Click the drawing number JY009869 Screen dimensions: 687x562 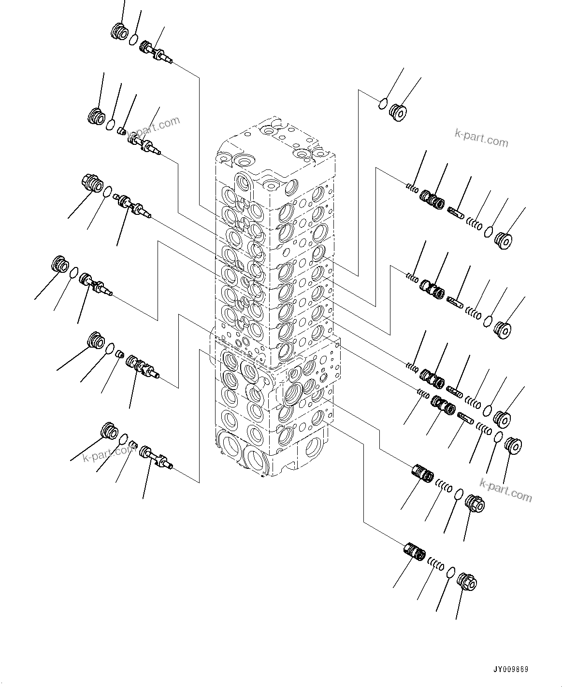[510, 670]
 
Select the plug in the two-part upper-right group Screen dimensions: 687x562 [398, 112]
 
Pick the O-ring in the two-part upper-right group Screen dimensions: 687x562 [382, 102]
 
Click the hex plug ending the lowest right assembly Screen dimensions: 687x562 [467, 581]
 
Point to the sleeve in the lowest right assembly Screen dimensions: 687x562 [414, 552]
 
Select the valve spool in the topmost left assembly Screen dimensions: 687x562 [156, 52]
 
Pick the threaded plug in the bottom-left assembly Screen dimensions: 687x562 [109, 431]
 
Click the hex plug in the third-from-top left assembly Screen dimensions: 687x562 [90, 183]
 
